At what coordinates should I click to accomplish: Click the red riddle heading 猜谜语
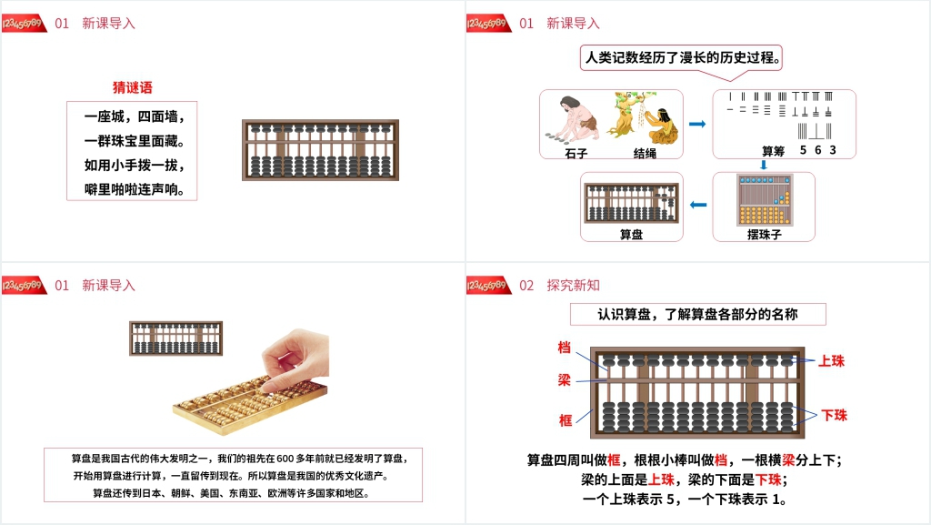point(133,88)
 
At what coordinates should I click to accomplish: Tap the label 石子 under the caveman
point(576,153)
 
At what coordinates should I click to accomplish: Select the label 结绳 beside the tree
point(645,153)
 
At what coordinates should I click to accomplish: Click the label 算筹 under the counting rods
point(773,151)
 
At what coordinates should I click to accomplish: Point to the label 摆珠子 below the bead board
point(764,235)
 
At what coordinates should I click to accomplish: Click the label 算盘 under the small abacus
point(631,235)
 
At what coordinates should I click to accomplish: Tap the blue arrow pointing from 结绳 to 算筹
point(697,124)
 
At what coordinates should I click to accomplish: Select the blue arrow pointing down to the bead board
point(764,165)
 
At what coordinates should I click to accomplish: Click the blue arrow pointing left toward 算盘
point(698,205)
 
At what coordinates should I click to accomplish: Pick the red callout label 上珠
point(831,361)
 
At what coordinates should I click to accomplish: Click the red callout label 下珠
point(835,415)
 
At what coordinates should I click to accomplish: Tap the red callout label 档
point(564,348)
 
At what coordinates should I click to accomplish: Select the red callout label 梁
point(564,379)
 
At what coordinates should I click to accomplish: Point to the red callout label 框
point(566,420)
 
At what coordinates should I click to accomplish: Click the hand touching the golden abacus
point(295,358)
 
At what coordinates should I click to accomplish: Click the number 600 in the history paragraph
point(285,459)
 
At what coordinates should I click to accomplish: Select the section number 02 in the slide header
point(526,286)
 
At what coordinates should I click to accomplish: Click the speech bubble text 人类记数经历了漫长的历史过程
point(683,57)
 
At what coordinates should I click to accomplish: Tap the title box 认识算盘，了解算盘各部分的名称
point(697,314)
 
